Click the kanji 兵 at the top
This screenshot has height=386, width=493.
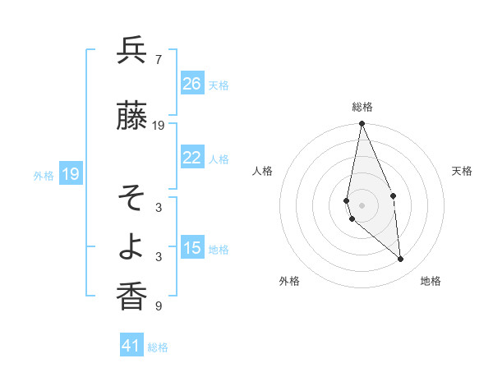point(131,51)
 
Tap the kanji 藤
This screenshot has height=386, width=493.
point(131,117)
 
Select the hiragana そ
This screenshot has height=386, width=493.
point(131,198)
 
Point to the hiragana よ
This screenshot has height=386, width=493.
point(131,247)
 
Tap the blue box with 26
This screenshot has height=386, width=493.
point(192,84)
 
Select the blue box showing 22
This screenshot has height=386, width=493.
point(192,158)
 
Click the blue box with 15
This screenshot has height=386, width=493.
point(192,248)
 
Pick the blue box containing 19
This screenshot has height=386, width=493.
point(70,174)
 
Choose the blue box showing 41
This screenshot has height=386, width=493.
point(131,346)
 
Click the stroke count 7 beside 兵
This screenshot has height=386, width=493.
point(158,60)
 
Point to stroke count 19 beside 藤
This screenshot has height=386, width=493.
point(159,126)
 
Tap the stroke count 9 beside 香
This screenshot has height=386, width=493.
point(158,306)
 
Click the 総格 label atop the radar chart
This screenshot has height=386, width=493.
point(362,107)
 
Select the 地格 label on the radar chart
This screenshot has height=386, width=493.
point(431,281)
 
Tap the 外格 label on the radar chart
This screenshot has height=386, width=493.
point(289,281)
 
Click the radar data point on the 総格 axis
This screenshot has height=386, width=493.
point(362,124)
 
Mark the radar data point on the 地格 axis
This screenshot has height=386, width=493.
point(401,260)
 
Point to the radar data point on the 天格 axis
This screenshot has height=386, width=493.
point(394,195)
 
